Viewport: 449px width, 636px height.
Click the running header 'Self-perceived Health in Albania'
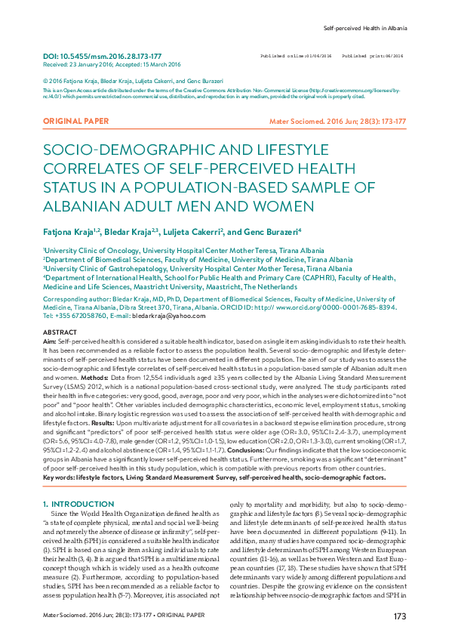coord(365,28)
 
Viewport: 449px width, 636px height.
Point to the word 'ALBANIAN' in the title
coord(78,205)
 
